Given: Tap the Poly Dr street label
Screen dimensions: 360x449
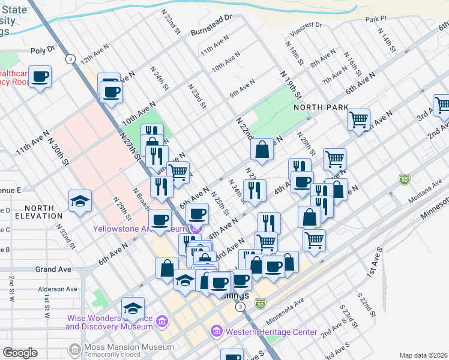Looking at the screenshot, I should pos(42,51).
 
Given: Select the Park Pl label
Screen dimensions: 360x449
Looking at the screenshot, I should pos(376,19).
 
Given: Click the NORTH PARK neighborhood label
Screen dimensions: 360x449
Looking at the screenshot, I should pos(321,107).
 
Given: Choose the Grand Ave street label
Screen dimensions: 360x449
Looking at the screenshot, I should pos(53,269).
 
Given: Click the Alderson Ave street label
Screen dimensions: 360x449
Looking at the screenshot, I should pos(58,289).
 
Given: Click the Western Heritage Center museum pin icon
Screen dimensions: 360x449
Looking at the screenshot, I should pos(216,331).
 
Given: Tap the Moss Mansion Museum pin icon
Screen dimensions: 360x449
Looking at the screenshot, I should pos(74,348).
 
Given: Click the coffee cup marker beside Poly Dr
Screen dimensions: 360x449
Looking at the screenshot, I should pos(40,77).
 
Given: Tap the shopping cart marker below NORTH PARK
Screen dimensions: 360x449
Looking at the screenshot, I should pos(358,118).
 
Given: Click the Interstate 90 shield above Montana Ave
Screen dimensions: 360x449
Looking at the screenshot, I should pos(405,179).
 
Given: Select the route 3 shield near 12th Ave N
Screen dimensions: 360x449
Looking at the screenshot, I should pos(71,59).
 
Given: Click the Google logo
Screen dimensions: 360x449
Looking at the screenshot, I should pos(20,353).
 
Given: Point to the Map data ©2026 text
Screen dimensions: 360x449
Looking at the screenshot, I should pos(423,355).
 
